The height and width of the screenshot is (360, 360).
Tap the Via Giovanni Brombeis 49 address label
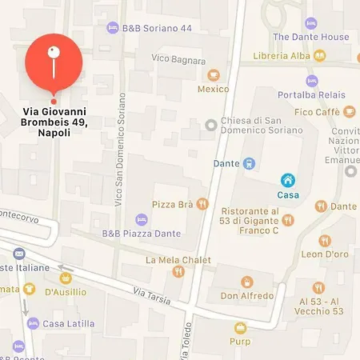54,122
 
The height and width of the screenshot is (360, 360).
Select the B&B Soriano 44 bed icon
113,28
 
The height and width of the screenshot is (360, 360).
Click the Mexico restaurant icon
213,74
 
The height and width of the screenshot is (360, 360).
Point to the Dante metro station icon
250,164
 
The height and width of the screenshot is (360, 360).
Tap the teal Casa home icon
287,181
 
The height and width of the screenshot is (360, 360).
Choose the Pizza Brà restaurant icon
202,204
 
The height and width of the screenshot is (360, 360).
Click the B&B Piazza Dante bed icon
142,218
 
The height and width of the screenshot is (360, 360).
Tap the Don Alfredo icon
247,282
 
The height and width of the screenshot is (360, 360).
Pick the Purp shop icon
240,327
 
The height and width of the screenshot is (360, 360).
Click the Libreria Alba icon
320,55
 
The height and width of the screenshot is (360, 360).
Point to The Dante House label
311,37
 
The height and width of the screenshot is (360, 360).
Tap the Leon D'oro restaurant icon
324,240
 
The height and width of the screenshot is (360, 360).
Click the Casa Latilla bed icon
33,323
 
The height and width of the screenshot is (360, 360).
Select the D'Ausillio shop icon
66,279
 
